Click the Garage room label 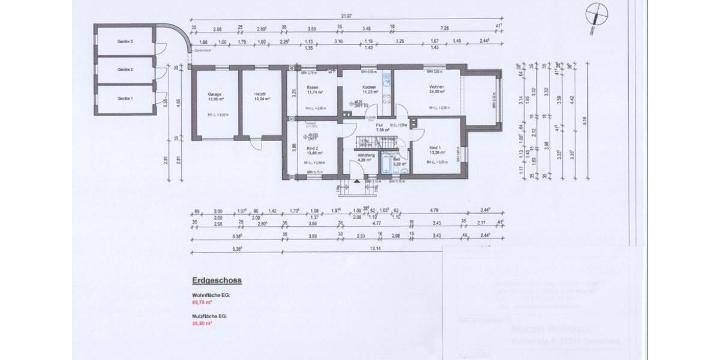215,95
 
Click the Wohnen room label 436,88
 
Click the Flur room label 379,125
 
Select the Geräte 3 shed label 125,41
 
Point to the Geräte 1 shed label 125,98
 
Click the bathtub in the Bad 384,166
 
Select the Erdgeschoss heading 217,280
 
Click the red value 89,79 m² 202,302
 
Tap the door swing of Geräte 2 160,73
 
